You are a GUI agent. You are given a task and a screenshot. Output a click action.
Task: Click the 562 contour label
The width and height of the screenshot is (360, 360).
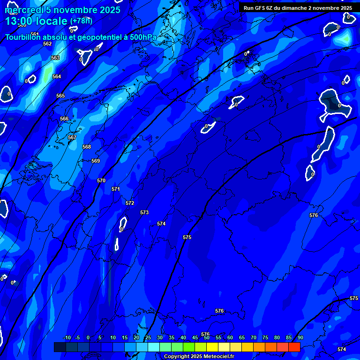tap(47, 44)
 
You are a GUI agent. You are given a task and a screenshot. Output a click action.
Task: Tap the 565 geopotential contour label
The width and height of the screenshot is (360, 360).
tap(60, 96)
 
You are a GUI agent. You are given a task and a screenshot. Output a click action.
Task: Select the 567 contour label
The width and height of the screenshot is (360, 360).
tap(72, 137)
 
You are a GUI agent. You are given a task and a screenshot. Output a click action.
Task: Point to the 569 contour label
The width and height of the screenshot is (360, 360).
tap(96, 161)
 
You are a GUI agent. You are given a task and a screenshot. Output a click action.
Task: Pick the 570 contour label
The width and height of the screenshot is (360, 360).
tap(101, 180)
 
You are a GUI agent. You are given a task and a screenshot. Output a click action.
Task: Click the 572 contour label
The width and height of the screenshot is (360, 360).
tap(130, 203)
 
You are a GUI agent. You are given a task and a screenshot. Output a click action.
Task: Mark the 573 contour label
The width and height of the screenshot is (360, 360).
tap(144, 212)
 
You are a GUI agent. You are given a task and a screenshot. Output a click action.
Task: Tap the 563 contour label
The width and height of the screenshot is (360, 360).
tap(55, 58)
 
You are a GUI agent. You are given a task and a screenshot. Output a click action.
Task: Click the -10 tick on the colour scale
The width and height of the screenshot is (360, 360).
tap(67, 338)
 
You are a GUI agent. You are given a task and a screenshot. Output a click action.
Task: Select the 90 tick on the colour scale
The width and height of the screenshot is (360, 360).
tap(300, 338)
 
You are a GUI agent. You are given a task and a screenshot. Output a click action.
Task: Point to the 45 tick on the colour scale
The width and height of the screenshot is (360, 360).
tap(195, 338)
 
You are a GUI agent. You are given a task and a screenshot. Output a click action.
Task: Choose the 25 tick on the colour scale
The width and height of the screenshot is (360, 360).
tap(148, 338)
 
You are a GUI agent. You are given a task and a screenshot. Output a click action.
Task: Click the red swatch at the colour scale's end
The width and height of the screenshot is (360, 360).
tap(294, 347)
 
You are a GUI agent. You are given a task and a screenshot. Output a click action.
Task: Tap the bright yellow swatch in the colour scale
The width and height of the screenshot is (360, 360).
tap(212, 347)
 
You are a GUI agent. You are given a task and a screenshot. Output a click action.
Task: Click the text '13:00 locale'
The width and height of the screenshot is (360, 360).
tap(37, 21)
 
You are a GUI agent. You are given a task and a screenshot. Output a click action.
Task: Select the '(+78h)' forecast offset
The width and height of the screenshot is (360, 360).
tap(81, 21)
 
